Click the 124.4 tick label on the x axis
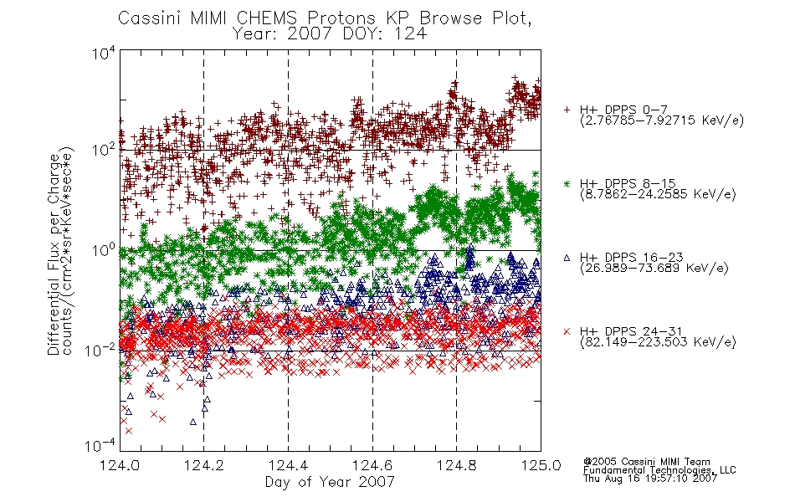[289, 465]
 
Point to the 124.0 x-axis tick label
[120, 465]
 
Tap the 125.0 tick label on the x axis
[541, 465]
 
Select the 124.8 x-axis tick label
[456, 465]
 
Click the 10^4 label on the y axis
[104, 53]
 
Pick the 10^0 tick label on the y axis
[104, 250]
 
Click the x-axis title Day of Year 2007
[330, 481]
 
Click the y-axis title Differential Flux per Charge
[54, 254]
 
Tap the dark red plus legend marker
[567, 110]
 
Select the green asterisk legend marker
[567, 183]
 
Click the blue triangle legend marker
[567, 258]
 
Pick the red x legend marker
[567, 331]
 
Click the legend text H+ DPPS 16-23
[631, 257]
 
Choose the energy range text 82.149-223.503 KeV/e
[658, 342]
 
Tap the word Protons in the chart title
[341, 18]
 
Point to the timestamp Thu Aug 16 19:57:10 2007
[650, 479]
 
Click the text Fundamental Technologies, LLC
[659, 470]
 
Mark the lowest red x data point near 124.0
[129, 431]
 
